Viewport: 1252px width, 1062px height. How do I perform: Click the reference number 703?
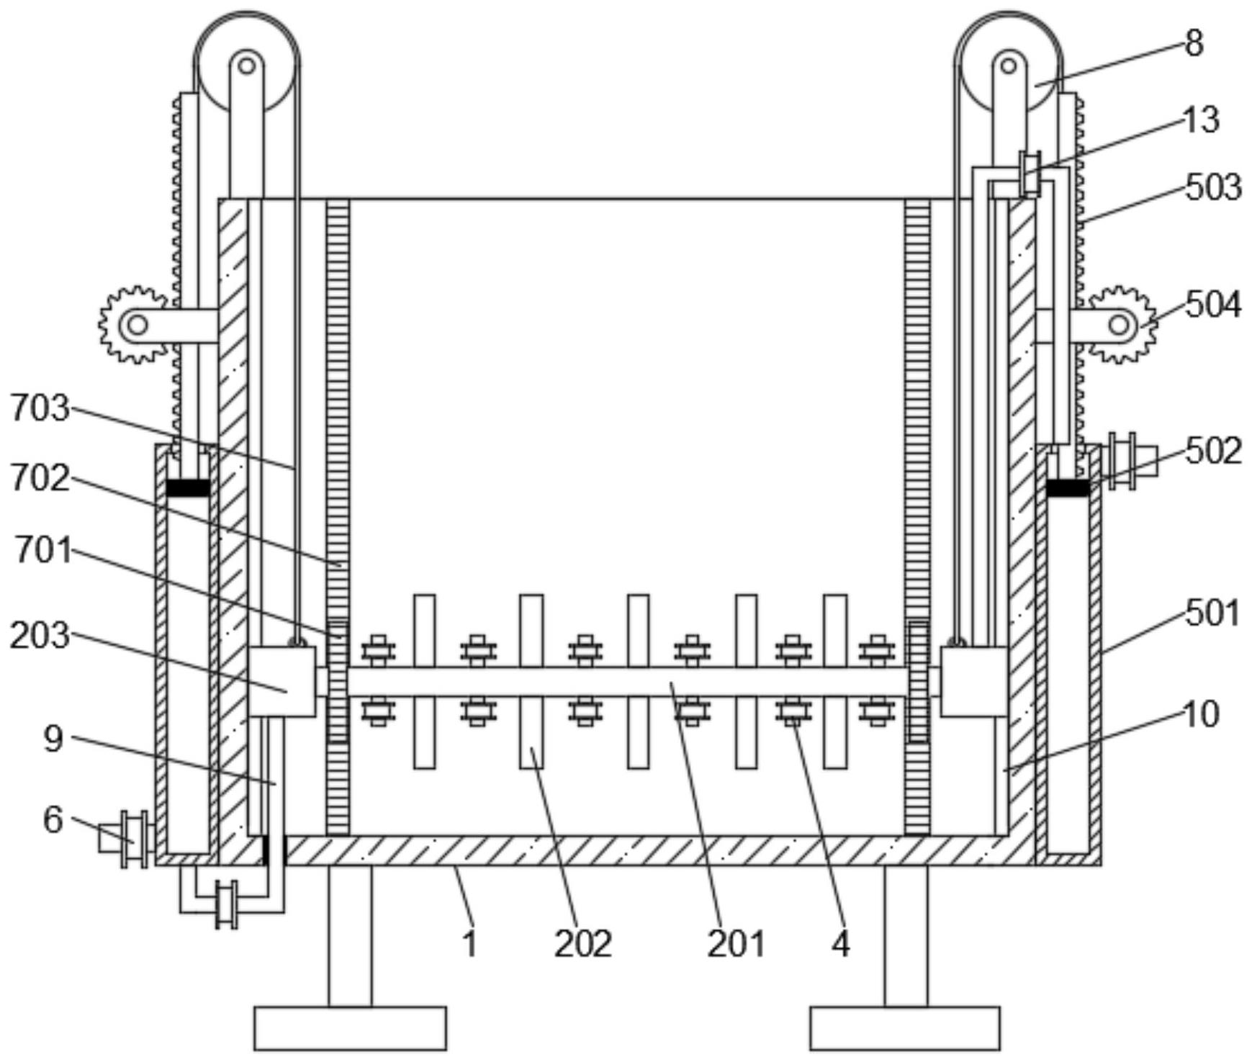(x=40, y=408)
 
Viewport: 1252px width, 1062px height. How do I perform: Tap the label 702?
(x=40, y=478)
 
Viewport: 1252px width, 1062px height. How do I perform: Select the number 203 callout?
(x=40, y=636)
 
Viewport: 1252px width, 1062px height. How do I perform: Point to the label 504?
(x=1213, y=305)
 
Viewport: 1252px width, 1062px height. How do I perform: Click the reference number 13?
(x=1201, y=120)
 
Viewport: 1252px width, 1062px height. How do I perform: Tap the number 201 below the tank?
(x=735, y=943)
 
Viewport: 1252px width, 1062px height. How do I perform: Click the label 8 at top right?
(x=1194, y=44)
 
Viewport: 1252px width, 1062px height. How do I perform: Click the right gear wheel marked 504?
(x=1121, y=325)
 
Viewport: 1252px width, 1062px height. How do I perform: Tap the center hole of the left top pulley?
(x=246, y=66)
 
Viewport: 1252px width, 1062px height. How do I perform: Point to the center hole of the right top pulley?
(x=1009, y=66)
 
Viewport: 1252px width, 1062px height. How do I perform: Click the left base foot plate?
(x=350, y=1027)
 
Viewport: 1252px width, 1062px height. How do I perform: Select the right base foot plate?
(x=905, y=1027)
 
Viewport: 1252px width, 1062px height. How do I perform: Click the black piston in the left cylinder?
(x=188, y=487)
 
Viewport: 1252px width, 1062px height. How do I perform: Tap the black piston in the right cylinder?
(x=1068, y=487)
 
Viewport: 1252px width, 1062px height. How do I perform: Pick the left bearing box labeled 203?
(x=282, y=681)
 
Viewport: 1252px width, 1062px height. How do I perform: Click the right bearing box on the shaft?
(x=973, y=681)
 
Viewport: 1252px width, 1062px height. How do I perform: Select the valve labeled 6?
(x=130, y=840)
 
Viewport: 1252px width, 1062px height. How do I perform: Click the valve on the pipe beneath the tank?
(x=227, y=904)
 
